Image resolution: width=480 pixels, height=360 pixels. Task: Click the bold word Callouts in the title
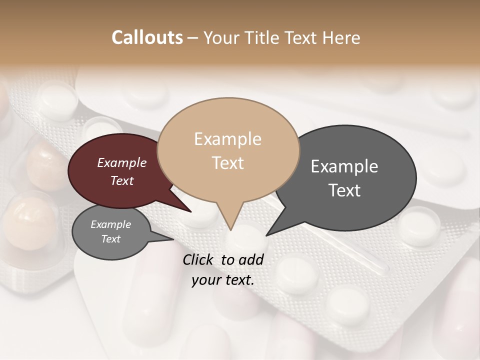coord(147,37)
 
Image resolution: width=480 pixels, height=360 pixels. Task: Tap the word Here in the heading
coord(341,37)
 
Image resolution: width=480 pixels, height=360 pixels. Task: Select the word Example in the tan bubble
coord(227,139)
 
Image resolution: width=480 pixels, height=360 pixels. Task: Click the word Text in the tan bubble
coord(227,163)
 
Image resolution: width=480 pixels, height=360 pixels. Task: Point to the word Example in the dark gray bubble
coord(344,166)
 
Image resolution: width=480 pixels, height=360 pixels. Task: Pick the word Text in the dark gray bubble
coord(344,190)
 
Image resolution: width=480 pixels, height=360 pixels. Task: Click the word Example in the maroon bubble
coord(121,162)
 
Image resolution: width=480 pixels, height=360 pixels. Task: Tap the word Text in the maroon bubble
coord(121,180)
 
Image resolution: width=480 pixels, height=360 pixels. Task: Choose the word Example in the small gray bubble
coord(110,224)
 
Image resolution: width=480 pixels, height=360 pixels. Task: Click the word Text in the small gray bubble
coord(110,239)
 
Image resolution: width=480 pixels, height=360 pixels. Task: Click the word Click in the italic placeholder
coord(199,259)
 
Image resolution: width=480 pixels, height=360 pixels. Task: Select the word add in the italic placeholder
coord(251,259)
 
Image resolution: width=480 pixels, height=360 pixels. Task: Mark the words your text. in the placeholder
coord(223,280)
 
